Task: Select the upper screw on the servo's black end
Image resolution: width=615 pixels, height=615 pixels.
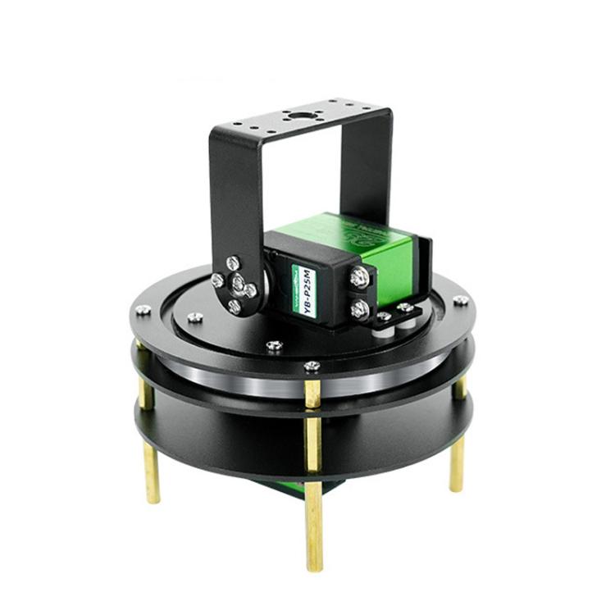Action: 358,278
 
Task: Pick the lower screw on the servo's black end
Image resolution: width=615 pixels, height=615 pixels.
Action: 358,309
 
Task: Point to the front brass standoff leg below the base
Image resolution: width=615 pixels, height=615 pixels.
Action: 314,525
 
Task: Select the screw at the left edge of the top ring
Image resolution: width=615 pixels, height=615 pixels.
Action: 143,310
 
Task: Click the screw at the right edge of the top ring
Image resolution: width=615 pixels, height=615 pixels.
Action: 462,300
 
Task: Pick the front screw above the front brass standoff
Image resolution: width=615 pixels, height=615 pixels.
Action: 312,365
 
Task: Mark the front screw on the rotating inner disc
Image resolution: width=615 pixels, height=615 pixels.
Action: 275,345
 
